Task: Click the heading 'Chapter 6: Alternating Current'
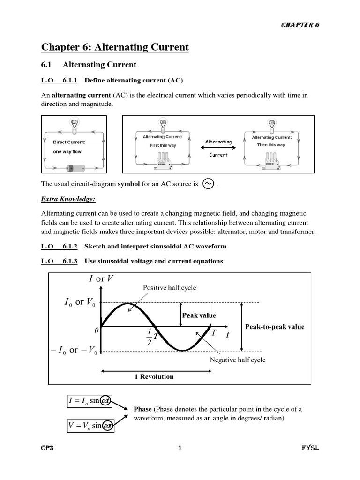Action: point(115,47)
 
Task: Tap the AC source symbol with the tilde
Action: point(207,184)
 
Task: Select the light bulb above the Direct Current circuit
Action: point(74,124)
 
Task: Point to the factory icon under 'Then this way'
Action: point(271,162)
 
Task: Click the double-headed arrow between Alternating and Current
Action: point(218,148)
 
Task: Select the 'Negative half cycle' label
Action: point(237,360)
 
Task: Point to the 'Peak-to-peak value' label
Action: point(274,327)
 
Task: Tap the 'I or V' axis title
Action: point(101,278)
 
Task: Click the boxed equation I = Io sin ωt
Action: point(88,401)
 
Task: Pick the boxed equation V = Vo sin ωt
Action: point(88,425)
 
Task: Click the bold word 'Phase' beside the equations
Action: point(142,409)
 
